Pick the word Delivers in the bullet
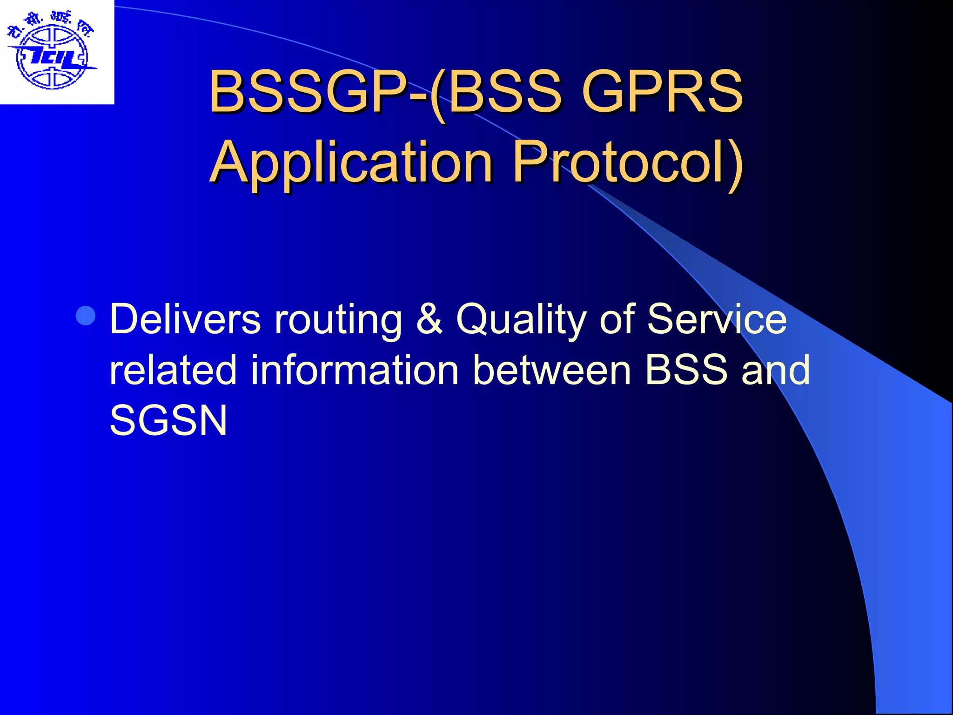tap(185, 319)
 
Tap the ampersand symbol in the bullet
tap(429, 319)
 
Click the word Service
tap(717, 319)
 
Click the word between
tap(552, 370)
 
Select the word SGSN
tap(168, 420)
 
